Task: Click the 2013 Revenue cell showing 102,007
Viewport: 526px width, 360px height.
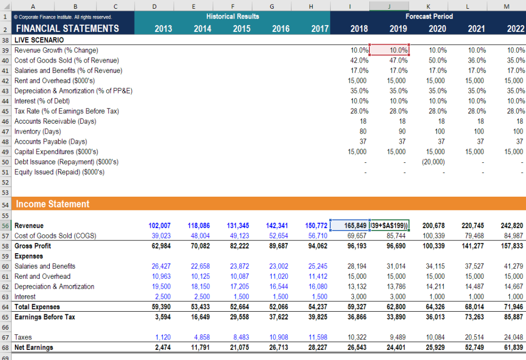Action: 159,225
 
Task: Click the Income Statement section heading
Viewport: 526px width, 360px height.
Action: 52,204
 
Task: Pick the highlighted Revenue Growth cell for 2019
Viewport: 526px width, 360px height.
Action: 389,50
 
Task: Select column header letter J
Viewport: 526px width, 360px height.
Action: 389,6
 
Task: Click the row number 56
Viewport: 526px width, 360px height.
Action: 6,225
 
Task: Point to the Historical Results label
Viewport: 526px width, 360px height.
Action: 232,16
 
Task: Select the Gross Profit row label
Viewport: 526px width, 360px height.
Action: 32,246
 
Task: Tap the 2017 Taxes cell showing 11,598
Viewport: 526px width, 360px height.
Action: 317,337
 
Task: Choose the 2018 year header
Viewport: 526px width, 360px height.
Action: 359,29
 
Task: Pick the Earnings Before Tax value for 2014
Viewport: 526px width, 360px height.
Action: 201,317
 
